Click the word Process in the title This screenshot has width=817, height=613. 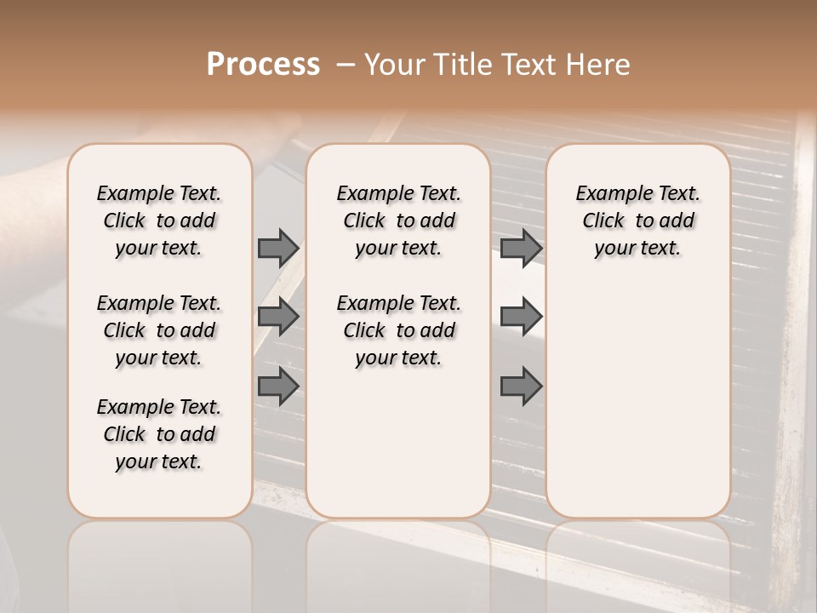tap(263, 65)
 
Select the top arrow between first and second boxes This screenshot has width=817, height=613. tap(278, 249)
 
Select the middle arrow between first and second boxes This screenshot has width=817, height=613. tap(278, 317)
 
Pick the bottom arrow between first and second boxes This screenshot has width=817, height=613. tap(278, 386)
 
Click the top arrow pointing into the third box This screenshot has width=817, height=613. tap(521, 249)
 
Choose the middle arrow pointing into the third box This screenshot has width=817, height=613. tap(521, 317)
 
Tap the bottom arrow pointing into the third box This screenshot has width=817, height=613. tap(521, 386)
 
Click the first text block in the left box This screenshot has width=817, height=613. tap(159, 221)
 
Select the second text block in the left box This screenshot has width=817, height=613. tap(159, 330)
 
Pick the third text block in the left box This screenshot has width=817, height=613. tap(159, 434)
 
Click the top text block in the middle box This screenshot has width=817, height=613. tap(398, 221)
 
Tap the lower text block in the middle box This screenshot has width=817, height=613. tap(398, 330)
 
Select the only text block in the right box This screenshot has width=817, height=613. tap(637, 221)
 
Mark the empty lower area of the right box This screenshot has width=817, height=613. tap(637, 400)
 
